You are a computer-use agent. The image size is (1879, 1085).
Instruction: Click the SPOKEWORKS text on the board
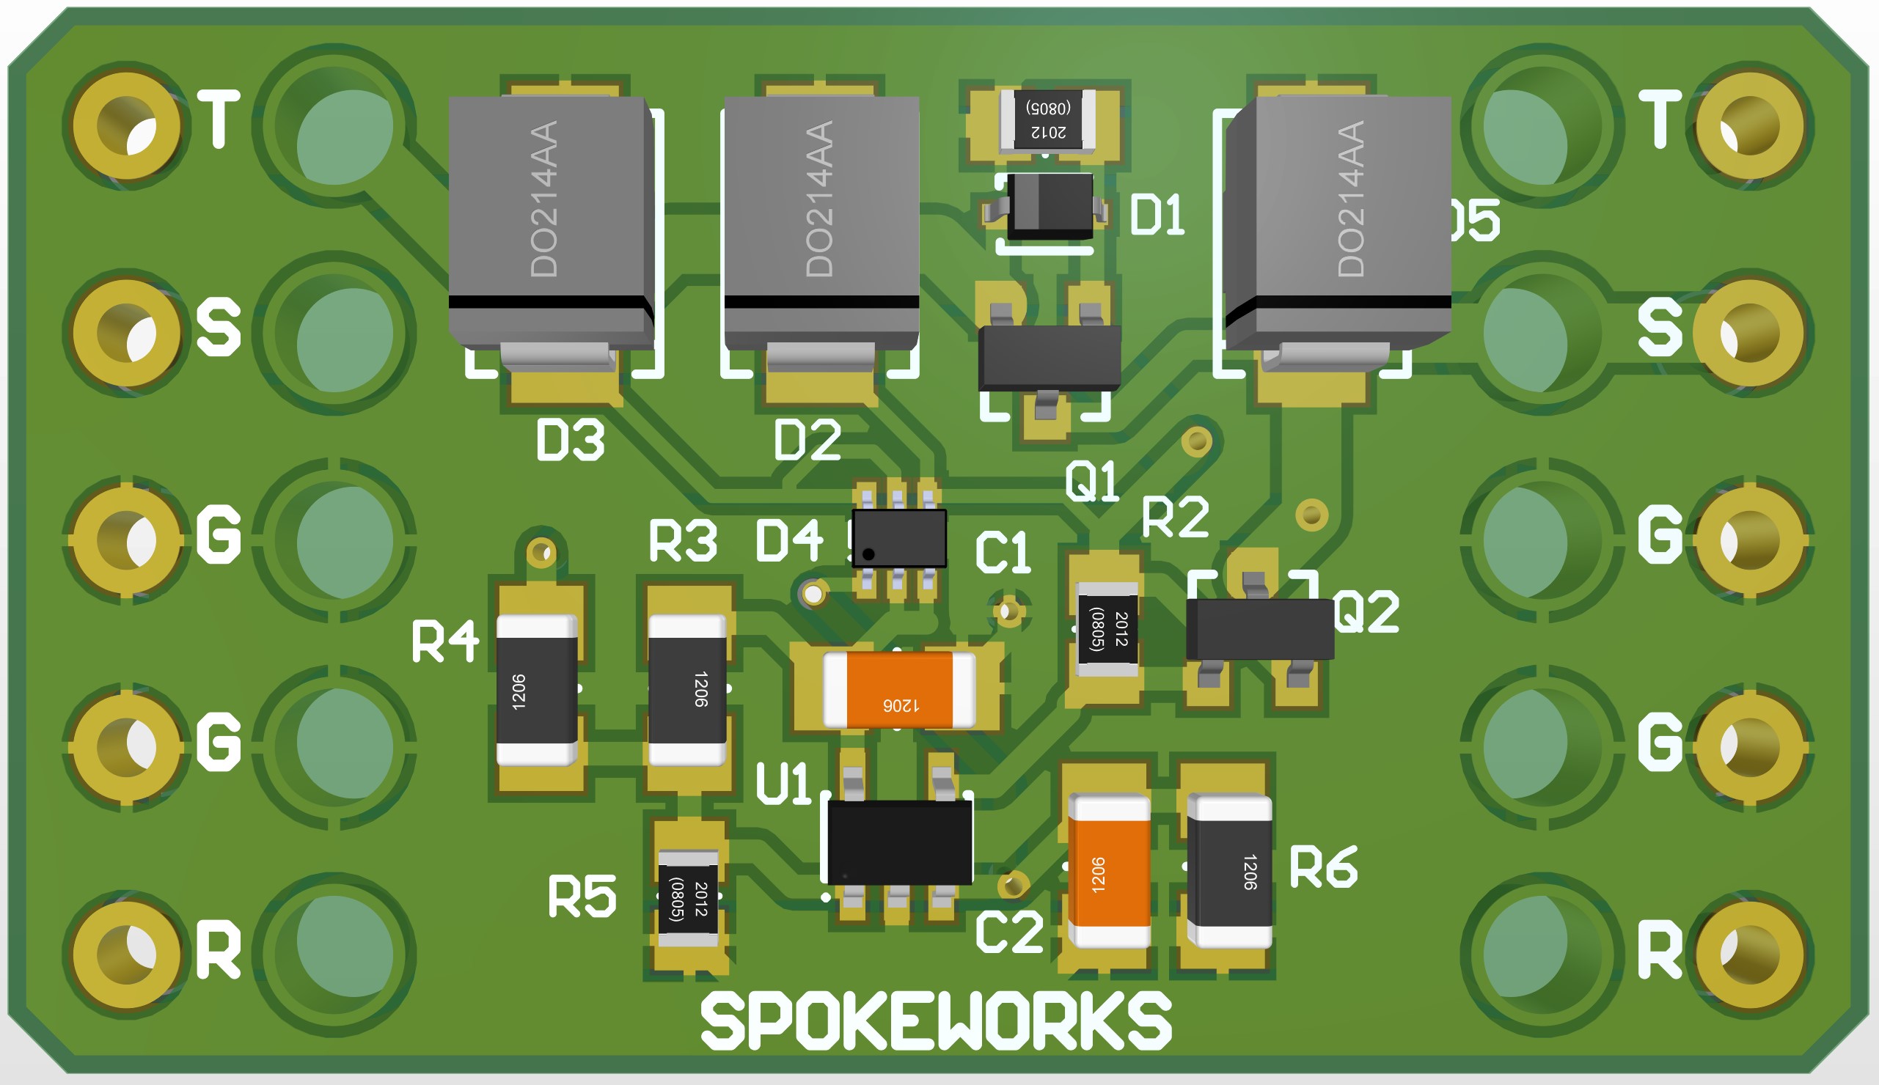tap(935, 1021)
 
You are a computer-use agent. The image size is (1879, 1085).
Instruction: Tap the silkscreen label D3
tap(570, 440)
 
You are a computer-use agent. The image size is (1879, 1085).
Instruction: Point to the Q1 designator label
tap(1092, 481)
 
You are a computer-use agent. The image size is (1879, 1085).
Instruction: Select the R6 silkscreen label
tap(1323, 867)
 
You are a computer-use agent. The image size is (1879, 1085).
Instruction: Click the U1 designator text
tap(783, 784)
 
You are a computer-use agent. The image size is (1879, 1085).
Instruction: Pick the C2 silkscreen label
tap(1008, 932)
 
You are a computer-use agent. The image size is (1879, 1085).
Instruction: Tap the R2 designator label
tap(1176, 517)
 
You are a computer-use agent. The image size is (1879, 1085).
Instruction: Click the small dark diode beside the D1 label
tap(1049, 207)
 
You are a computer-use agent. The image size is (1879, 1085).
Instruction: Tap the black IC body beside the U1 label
tap(900, 842)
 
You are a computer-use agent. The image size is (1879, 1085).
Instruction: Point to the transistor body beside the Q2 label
tap(1259, 629)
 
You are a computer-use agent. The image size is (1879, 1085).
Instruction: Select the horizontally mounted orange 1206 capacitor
tap(899, 689)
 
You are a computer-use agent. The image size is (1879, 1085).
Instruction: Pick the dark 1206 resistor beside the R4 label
tap(537, 690)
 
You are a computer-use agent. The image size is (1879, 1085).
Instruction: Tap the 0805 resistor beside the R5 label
tap(688, 898)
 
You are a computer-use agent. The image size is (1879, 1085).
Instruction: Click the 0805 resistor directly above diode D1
tap(1048, 119)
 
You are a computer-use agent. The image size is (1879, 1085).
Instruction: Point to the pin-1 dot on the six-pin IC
tap(868, 554)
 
